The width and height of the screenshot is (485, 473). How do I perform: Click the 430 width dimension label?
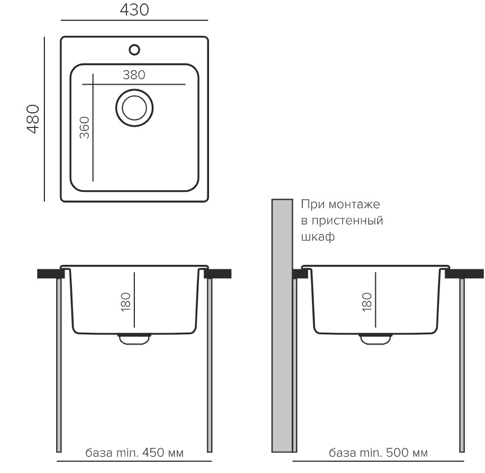tap(134, 10)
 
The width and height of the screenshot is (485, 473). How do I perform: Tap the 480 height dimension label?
tap(33, 119)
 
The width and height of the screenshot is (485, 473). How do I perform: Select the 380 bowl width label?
tap(134, 75)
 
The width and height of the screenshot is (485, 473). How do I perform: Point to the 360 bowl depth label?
tap(84, 127)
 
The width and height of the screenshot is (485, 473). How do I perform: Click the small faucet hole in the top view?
tap(134, 50)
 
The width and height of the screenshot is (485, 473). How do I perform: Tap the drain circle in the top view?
tap(134, 108)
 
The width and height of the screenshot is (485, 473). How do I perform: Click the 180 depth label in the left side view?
tap(125, 302)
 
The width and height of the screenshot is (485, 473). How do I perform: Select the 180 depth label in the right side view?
tap(366, 302)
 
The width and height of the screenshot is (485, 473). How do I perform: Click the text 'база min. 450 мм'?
tap(134, 453)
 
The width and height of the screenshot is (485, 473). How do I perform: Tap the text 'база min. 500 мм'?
tap(378, 453)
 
